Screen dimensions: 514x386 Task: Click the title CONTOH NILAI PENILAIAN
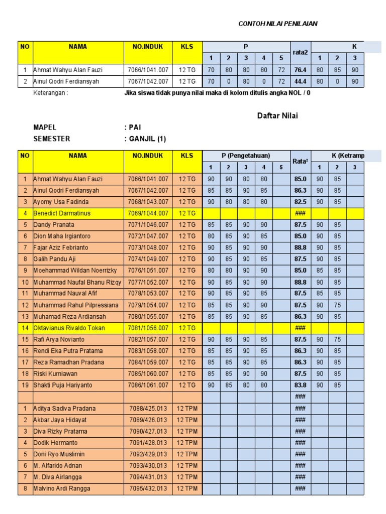tap(277, 24)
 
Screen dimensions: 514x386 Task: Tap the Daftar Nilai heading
tap(277, 116)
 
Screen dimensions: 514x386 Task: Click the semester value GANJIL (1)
tap(145, 139)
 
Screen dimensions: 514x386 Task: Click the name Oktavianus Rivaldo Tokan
tap(71, 328)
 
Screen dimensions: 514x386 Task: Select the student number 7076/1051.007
tap(148, 271)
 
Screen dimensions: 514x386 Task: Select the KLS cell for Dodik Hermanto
tap(187, 443)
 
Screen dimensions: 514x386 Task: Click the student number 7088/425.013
tap(148, 408)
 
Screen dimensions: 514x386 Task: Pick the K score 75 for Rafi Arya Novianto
tap(337, 339)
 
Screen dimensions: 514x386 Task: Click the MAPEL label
tap(45, 127)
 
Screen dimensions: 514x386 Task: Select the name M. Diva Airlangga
tap(57, 477)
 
